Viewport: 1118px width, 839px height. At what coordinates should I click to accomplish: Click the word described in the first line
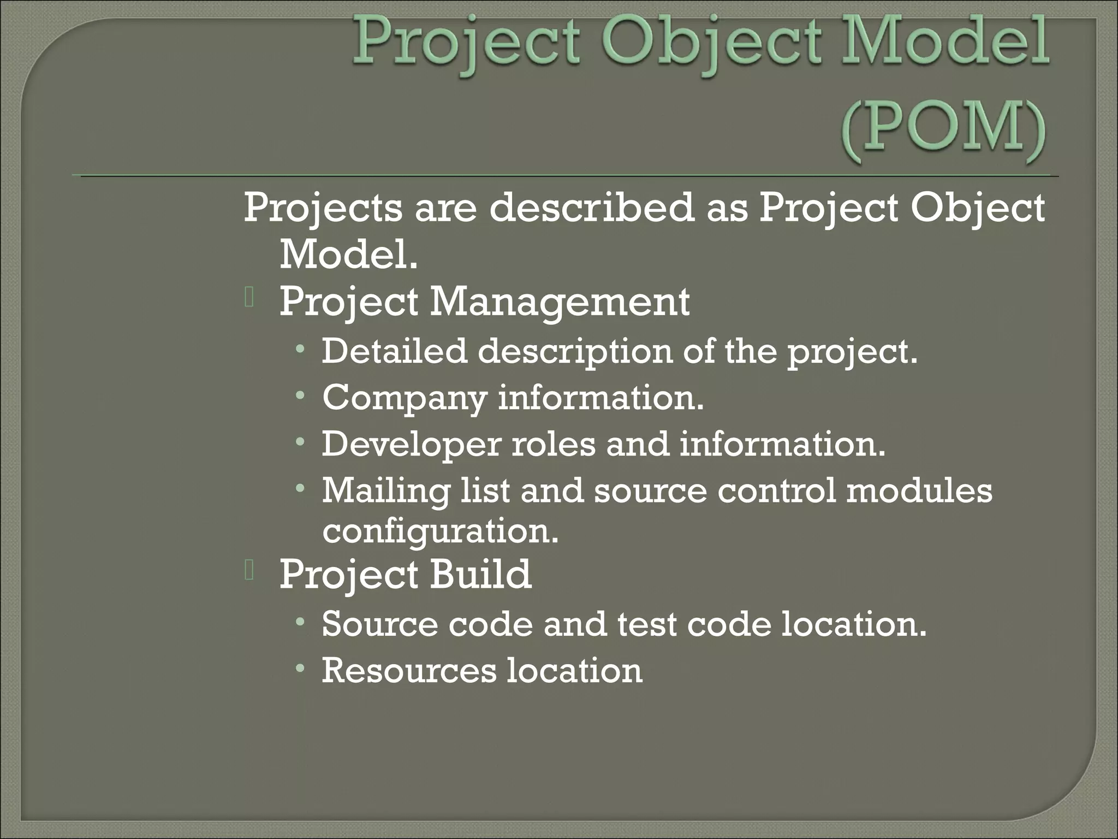click(591, 208)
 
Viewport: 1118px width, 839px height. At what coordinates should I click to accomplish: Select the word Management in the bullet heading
click(560, 302)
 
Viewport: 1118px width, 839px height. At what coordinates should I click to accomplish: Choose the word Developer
click(411, 445)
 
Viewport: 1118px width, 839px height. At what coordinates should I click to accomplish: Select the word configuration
click(441, 530)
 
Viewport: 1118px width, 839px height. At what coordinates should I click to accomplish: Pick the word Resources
click(409, 671)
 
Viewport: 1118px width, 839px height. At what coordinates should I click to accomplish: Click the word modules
click(919, 490)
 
